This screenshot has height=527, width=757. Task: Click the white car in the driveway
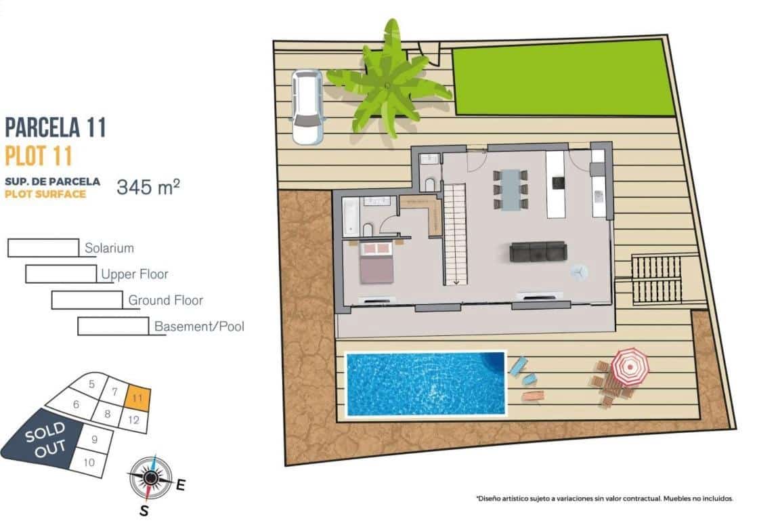click(x=307, y=106)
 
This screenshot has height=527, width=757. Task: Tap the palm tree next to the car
click(x=387, y=84)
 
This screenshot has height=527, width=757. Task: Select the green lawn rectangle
click(x=563, y=77)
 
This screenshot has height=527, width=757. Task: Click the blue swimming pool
click(x=426, y=383)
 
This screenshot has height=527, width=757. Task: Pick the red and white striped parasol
click(x=630, y=366)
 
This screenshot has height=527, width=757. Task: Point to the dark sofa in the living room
click(x=538, y=252)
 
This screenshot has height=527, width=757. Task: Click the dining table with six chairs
click(x=511, y=188)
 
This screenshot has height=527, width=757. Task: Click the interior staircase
click(x=456, y=234)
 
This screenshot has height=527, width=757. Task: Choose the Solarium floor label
click(x=109, y=249)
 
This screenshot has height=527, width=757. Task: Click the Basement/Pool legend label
click(x=199, y=326)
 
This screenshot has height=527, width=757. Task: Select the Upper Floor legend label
click(x=134, y=274)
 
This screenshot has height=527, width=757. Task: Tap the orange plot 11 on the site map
click(x=137, y=398)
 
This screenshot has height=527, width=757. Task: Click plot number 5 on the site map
click(x=91, y=383)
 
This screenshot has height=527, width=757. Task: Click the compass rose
click(x=150, y=478)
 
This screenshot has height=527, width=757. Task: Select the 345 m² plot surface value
click(x=148, y=187)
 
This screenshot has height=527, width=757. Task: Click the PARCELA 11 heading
click(x=56, y=127)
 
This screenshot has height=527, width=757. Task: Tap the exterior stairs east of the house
click(x=656, y=280)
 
